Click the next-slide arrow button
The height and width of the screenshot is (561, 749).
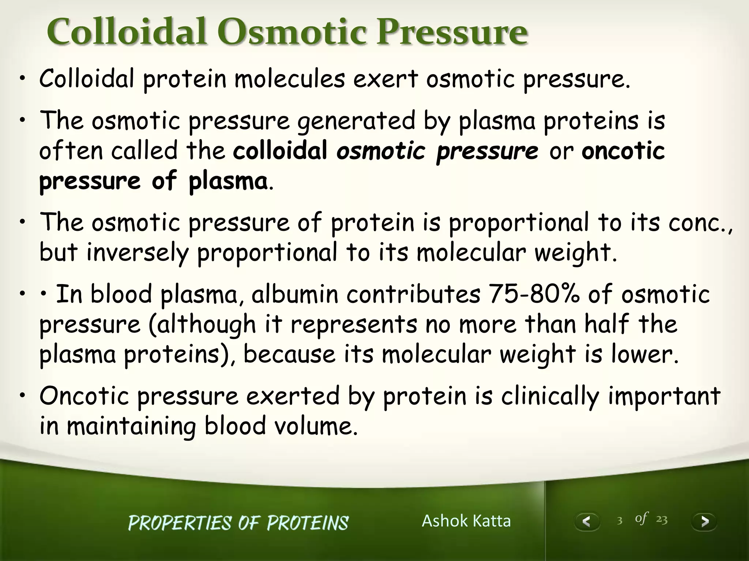[704, 521]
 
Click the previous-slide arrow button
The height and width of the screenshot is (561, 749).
[587, 521]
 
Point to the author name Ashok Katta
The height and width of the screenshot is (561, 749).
[466, 521]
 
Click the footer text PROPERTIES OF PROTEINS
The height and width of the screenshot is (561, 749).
[238, 523]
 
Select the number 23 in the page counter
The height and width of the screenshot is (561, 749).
[662, 520]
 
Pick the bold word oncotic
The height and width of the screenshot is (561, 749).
[623, 151]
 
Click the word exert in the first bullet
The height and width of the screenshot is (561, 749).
[385, 79]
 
